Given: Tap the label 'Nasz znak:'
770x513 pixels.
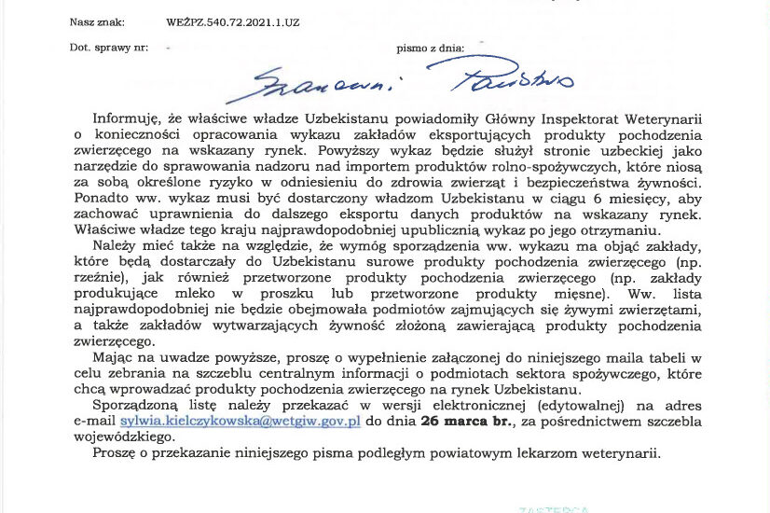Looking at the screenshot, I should (95, 20).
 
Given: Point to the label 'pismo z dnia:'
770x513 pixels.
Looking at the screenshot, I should (430, 46).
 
